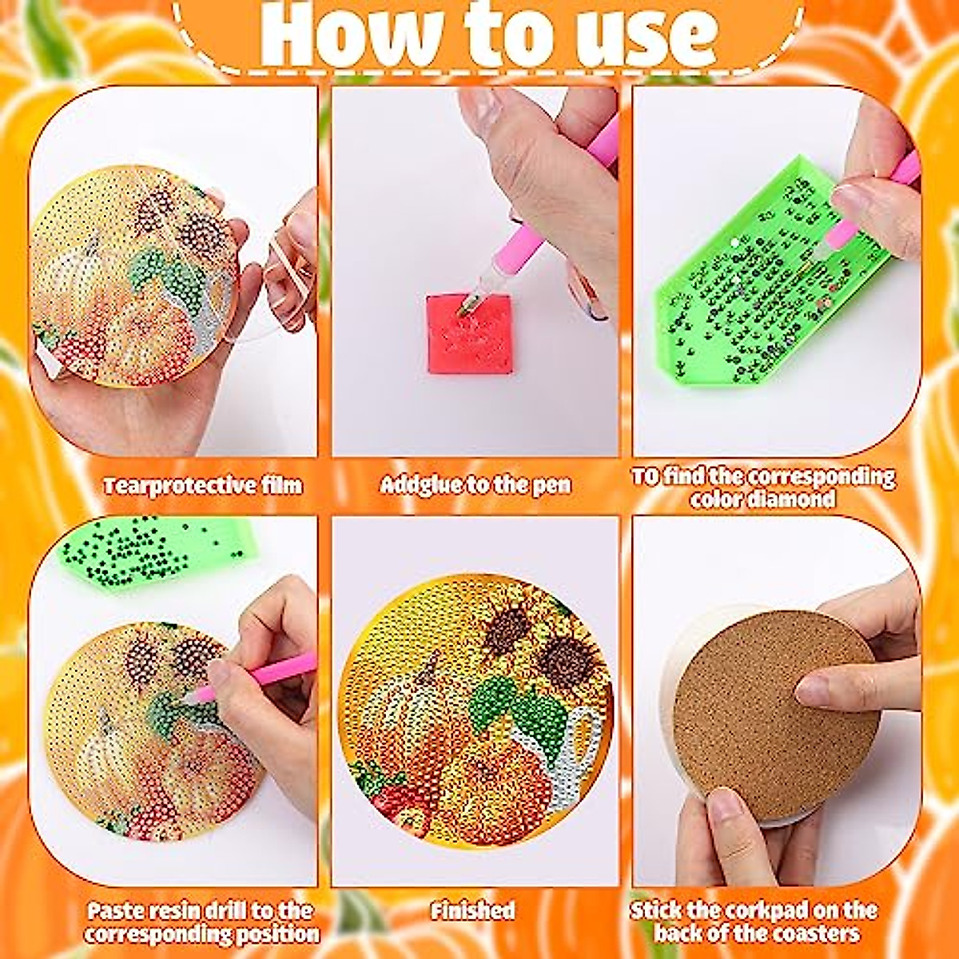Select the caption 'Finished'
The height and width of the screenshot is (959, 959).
(x=472, y=910)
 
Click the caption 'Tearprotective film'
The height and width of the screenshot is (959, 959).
(x=203, y=485)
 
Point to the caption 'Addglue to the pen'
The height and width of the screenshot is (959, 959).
(x=476, y=484)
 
